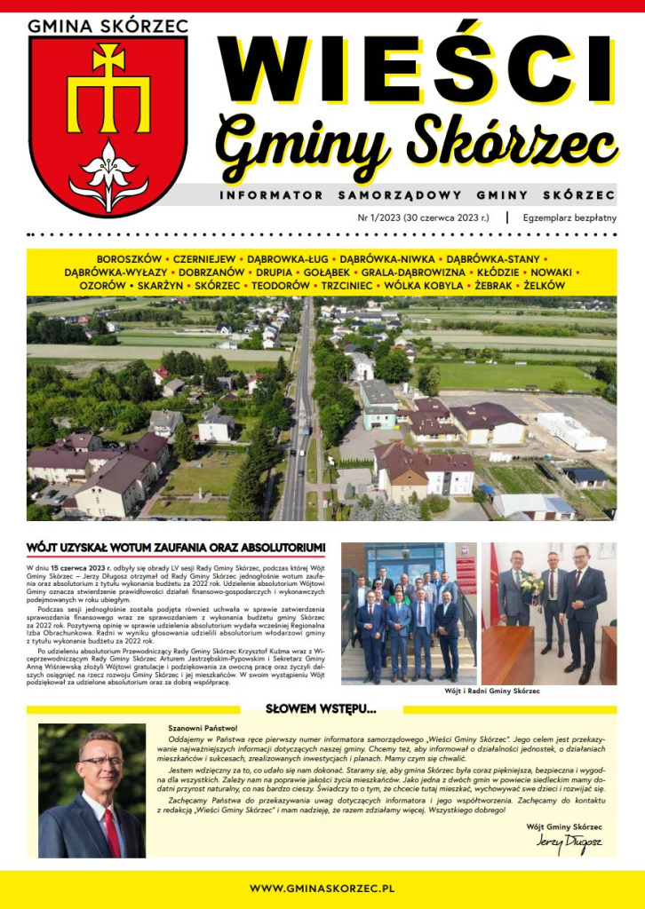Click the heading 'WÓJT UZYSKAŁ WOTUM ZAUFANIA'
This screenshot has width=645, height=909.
[176, 547]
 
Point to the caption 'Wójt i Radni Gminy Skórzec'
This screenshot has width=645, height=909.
[479, 690]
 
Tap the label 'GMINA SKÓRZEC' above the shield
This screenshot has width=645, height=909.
[107, 25]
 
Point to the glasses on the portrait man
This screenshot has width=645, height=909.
[100, 761]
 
